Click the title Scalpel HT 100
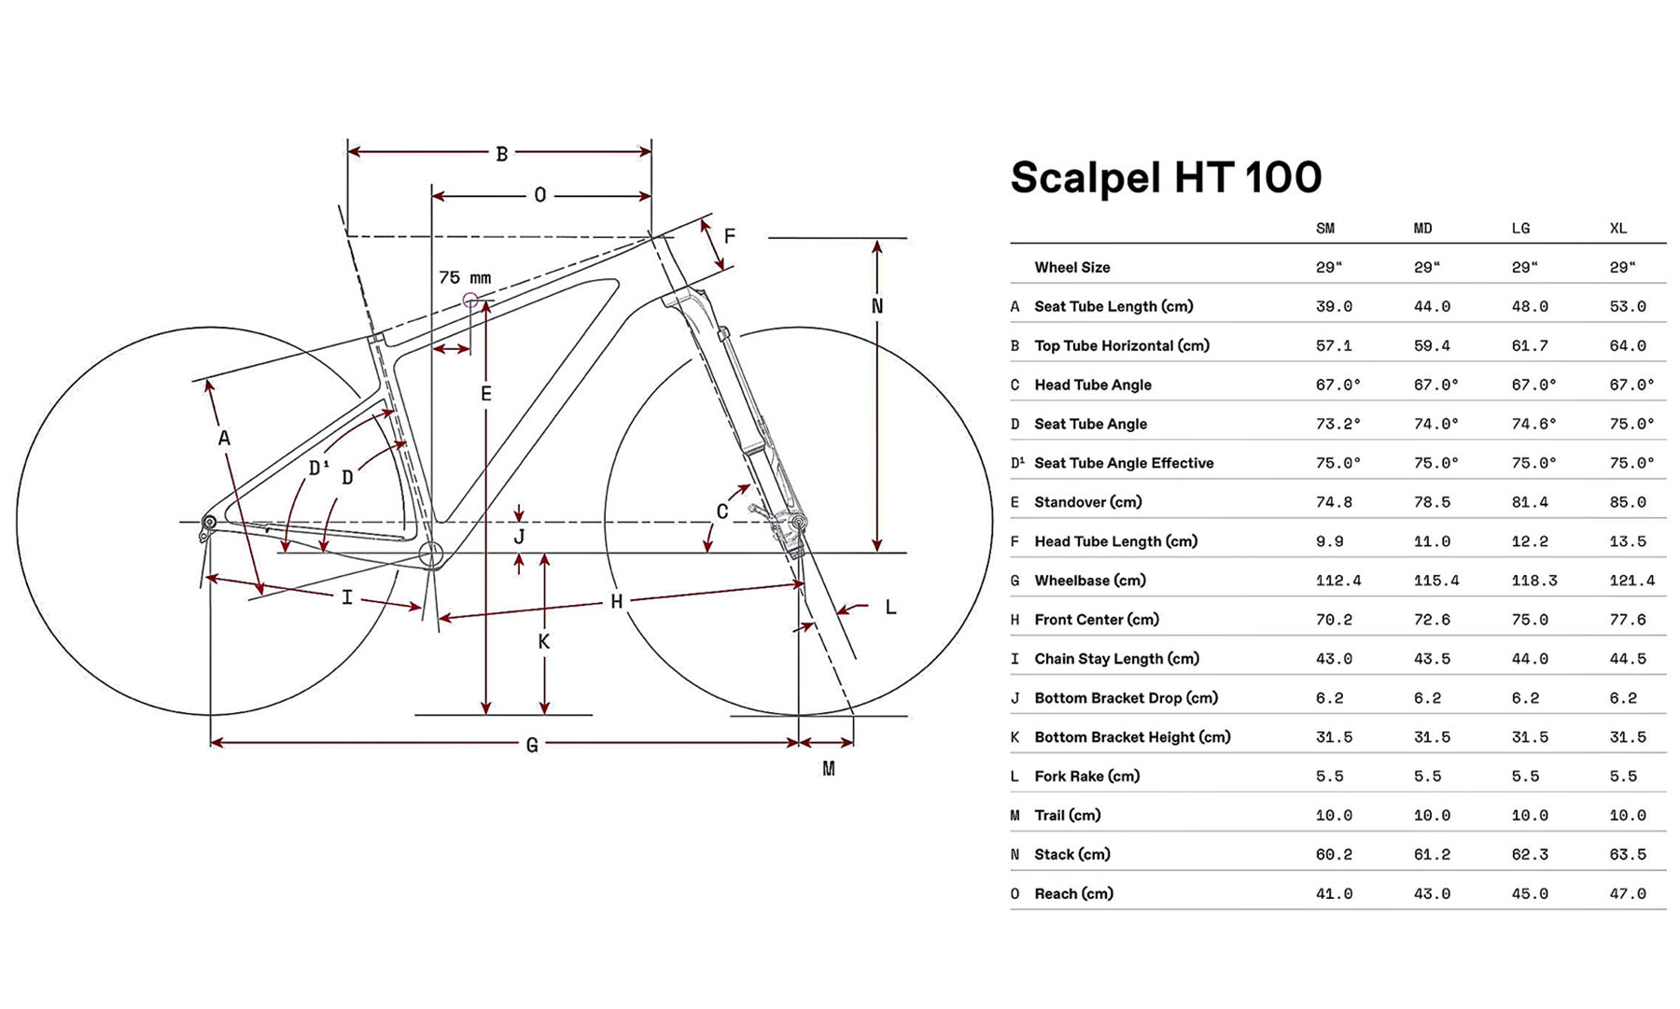pos(1166,177)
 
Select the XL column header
pos(1617,229)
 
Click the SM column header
pos(1324,229)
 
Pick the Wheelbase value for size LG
pos(1533,581)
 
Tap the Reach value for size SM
pos(1334,894)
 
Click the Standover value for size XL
pos(1627,502)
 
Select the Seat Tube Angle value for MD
pos(1435,424)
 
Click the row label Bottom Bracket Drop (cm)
pos(1126,698)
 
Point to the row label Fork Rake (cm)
pos(1086,777)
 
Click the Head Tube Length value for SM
pos(1329,541)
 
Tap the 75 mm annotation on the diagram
pos(465,278)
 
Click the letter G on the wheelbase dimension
pos(532,745)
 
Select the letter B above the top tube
pos(501,154)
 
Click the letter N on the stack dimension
pos(876,306)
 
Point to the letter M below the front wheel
pos(828,769)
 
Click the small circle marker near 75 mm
pos(470,301)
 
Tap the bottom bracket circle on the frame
pos(430,554)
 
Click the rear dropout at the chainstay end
pos(209,523)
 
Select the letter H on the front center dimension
pos(616,602)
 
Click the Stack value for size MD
pos(1431,855)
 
